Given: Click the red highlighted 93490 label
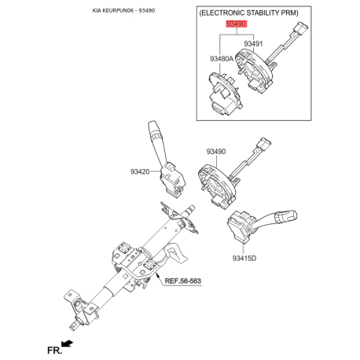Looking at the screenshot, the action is [237, 24].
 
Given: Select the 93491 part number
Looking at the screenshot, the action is [253, 43].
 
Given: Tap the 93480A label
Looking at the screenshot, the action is [222, 59].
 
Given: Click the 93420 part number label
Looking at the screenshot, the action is [140, 172].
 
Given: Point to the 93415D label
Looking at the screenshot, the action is [244, 258].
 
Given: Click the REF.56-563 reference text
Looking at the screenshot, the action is [183, 281].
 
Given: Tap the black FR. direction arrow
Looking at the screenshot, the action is [67, 343].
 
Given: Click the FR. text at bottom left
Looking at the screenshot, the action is [54, 350].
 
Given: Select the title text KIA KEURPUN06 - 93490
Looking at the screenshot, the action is [123, 11].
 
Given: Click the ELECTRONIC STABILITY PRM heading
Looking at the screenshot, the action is [249, 13].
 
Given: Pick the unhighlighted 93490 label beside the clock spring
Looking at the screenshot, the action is [216, 152].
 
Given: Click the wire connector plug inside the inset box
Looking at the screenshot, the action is [301, 28].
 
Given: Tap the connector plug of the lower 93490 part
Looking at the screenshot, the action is [264, 144].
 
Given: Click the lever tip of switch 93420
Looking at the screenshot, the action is [152, 124].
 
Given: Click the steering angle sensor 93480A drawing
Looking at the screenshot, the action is [225, 94].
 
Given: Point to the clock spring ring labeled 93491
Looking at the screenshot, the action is [254, 69].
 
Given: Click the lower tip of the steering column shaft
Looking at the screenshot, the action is [73, 325].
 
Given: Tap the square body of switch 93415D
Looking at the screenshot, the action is [239, 226].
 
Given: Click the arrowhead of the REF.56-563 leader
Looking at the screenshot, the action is [156, 274].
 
